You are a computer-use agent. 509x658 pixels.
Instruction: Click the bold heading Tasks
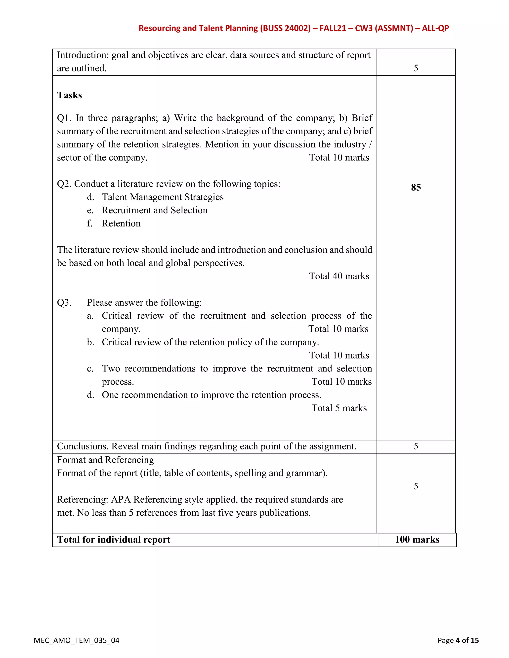(x=69, y=95)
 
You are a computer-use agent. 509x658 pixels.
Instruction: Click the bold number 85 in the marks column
(x=416, y=187)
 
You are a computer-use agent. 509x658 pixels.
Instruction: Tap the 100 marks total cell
(x=417, y=540)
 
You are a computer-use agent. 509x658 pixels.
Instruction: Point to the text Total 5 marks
(x=339, y=408)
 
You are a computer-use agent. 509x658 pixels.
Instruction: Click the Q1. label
(x=64, y=118)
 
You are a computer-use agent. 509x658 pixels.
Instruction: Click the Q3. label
(x=64, y=302)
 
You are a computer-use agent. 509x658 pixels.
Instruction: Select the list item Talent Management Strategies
(x=163, y=197)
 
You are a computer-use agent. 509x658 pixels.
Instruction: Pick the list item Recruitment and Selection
(x=155, y=210)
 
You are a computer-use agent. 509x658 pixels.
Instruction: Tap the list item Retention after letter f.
(x=121, y=223)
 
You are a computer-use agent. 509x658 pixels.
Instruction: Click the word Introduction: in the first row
(x=83, y=55)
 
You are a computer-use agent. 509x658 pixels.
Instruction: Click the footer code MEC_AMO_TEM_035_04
(x=77, y=640)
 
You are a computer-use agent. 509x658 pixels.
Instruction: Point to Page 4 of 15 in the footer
(x=458, y=640)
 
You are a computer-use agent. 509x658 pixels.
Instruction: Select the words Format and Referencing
(x=106, y=460)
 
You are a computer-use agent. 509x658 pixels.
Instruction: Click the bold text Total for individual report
(x=114, y=540)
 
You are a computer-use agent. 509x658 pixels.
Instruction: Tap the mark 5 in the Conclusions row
(x=416, y=446)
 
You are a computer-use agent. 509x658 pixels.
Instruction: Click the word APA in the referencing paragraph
(x=121, y=500)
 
